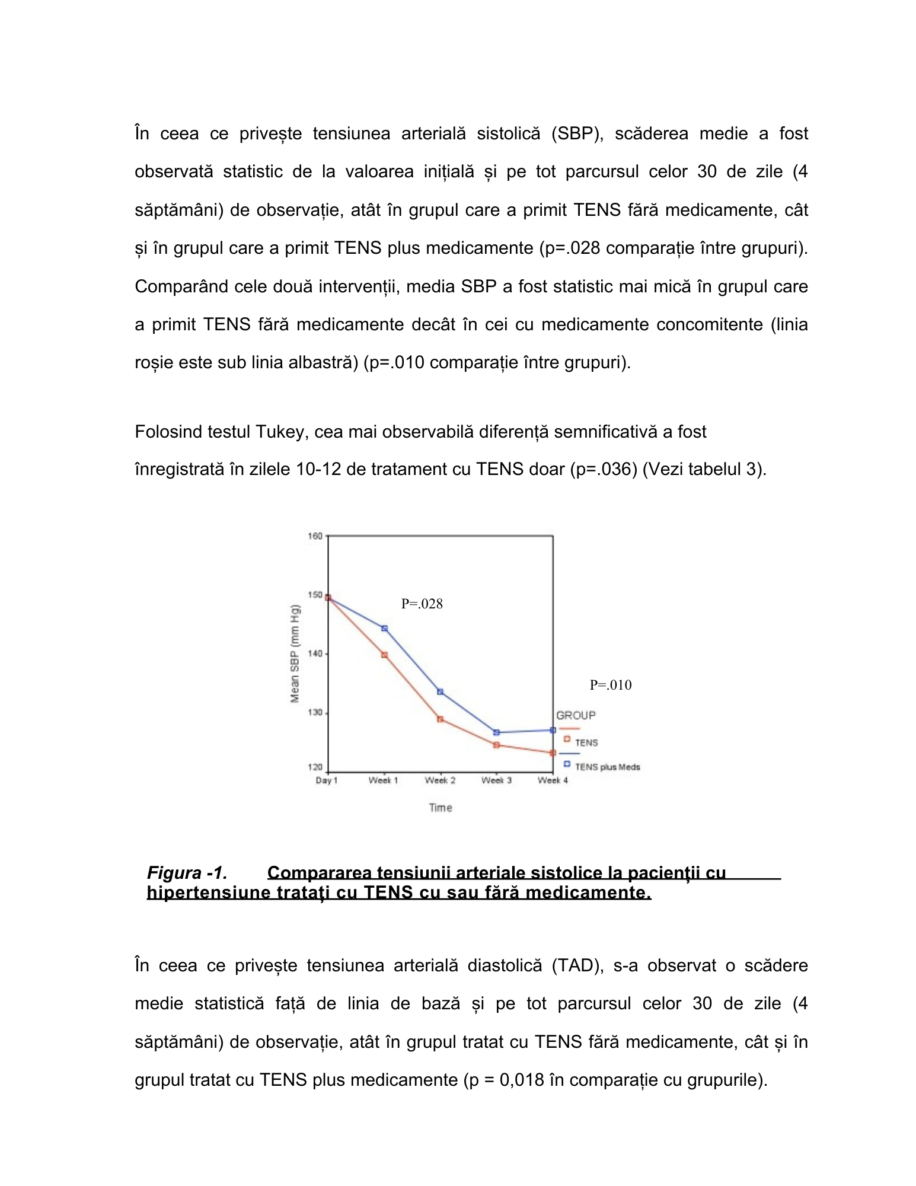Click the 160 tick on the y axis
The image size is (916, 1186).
click(315, 536)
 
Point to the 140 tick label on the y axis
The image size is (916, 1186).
click(315, 653)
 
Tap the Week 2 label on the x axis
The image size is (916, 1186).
click(440, 780)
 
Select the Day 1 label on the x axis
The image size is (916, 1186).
click(327, 780)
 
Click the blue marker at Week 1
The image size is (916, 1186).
click(384, 628)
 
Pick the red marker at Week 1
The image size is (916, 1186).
click(384, 655)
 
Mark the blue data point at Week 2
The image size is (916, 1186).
click(440, 692)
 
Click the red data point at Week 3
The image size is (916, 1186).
click(496, 745)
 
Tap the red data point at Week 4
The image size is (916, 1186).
click(553, 753)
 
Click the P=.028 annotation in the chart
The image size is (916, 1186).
click(422, 604)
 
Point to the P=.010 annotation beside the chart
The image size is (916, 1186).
click(610, 685)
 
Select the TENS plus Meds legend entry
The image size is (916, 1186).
click(607, 767)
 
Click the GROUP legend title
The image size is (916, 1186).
click(575, 716)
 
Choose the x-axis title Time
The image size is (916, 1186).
click(441, 808)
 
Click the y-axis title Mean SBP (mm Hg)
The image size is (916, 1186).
click(295, 653)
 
